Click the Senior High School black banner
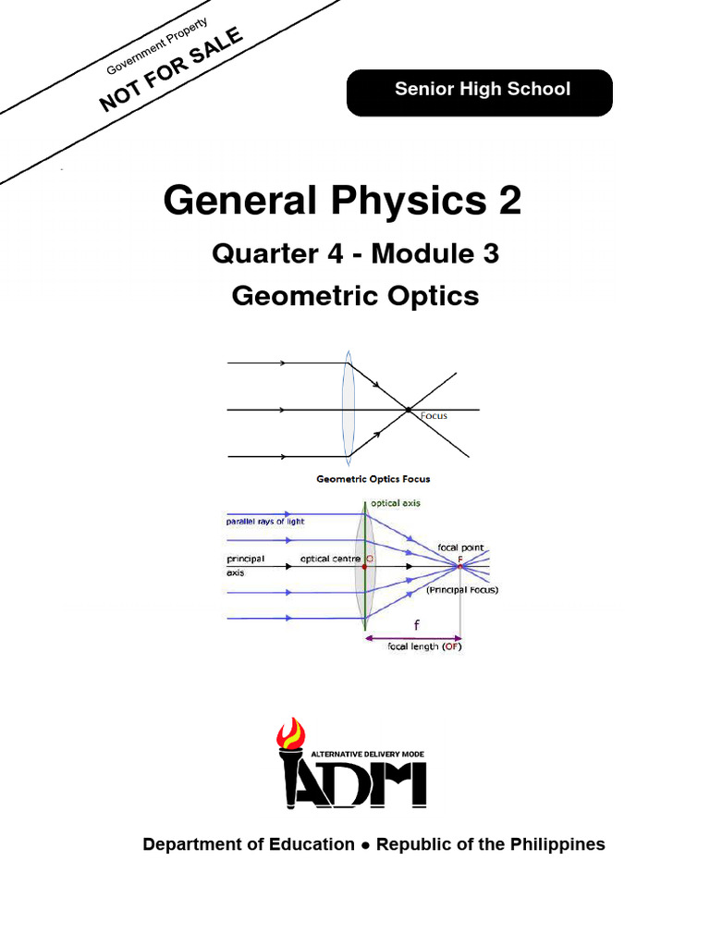pyautogui.click(x=479, y=92)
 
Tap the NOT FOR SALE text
pyautogui.click(x=171, y=69)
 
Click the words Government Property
pyautogui.click(x=158, y=45)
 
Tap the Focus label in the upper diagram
pyautogui.click(x=434, y=416)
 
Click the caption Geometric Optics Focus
pyautogui.click(x=373, y=479)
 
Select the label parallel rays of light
pyautogui.click(x=265, y=522)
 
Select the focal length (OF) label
pyautogui.click(x=424, y=647)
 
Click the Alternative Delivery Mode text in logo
pyautogui.click(x=368, y=755)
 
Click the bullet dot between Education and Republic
pyautogui.click(x=365, y=845)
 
